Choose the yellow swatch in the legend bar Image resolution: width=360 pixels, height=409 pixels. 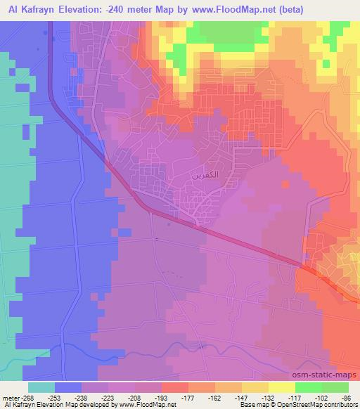click(282, 387)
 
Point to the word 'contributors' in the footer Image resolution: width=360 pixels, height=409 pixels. click(342, 405)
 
